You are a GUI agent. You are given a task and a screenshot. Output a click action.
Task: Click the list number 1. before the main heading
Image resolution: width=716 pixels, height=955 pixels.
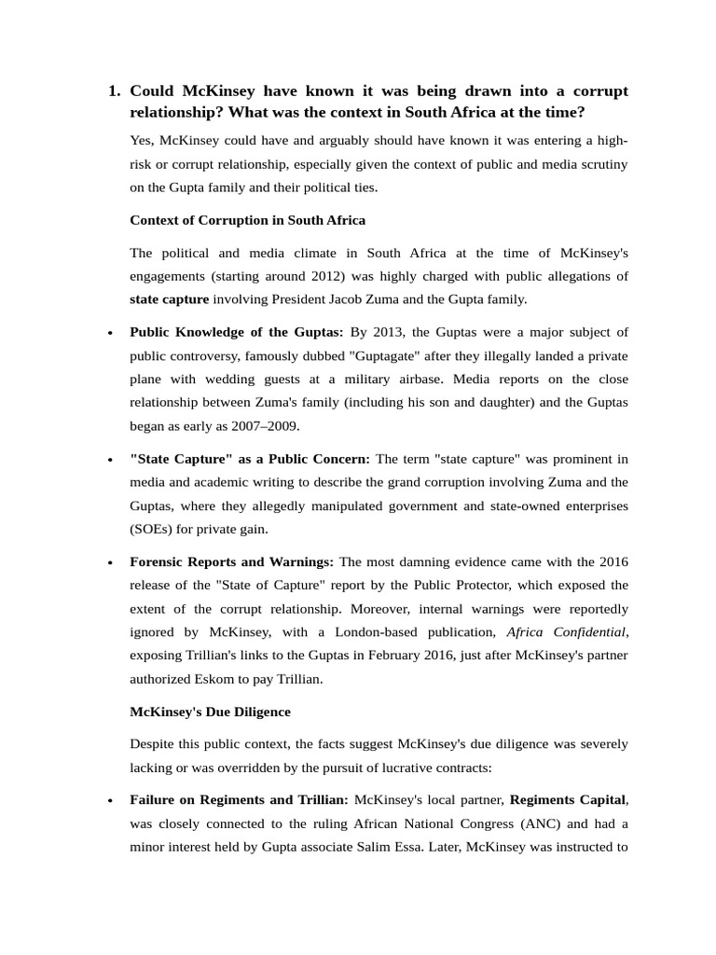(x=115, y=91)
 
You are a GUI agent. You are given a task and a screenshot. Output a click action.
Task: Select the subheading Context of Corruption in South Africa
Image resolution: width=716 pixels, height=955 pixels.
(x=247, y=220)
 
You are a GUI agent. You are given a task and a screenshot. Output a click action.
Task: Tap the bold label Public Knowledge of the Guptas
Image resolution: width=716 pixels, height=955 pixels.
(x=236, y=332)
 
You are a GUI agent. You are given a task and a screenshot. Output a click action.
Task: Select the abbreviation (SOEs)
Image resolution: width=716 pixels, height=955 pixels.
(x=156, y=529)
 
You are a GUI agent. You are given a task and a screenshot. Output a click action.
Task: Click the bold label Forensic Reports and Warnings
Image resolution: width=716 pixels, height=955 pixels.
(x=232, y=561)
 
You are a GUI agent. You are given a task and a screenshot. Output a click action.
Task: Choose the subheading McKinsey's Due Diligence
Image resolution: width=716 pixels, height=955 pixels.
(x=210, y=712)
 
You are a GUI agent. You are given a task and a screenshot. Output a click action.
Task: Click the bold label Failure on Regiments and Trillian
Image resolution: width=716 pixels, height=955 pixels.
(x=239, y=799)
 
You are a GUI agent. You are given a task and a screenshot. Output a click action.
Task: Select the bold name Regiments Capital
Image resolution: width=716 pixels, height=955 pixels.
(x=568, y=799)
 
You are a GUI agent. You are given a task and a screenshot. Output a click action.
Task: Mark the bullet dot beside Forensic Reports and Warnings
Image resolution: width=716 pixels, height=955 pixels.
(x=111, y=563)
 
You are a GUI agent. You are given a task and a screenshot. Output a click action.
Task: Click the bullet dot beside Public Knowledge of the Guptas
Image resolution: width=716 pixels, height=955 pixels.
(x=111, y=334)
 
